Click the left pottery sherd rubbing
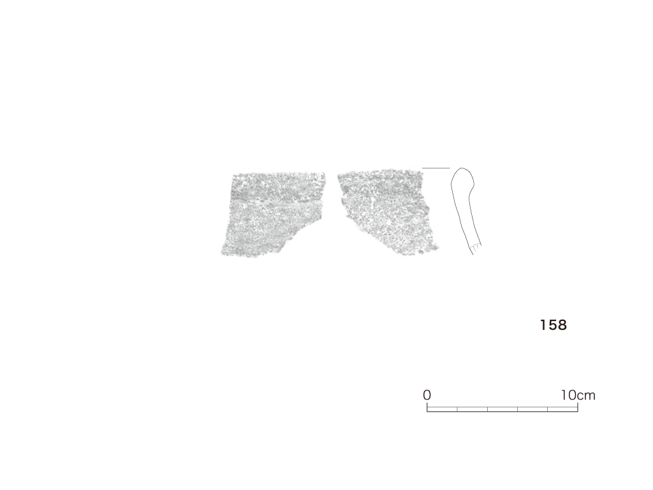tap(273, 214)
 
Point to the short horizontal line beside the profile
tap(436, 168)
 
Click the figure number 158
tap(554, 325)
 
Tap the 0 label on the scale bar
tap(427, 395)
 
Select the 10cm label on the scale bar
tap(578, 395)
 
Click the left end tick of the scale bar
tap(427, 408)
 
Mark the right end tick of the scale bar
tap(578, 408)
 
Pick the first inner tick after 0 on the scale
tap(457, 409)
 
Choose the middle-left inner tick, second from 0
tap(487, 409)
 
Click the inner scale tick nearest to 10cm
tap(548, 409)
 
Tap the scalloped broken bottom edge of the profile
tap(476, 248)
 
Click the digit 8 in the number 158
tap(562, 325)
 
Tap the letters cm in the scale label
tap(587, 396)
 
